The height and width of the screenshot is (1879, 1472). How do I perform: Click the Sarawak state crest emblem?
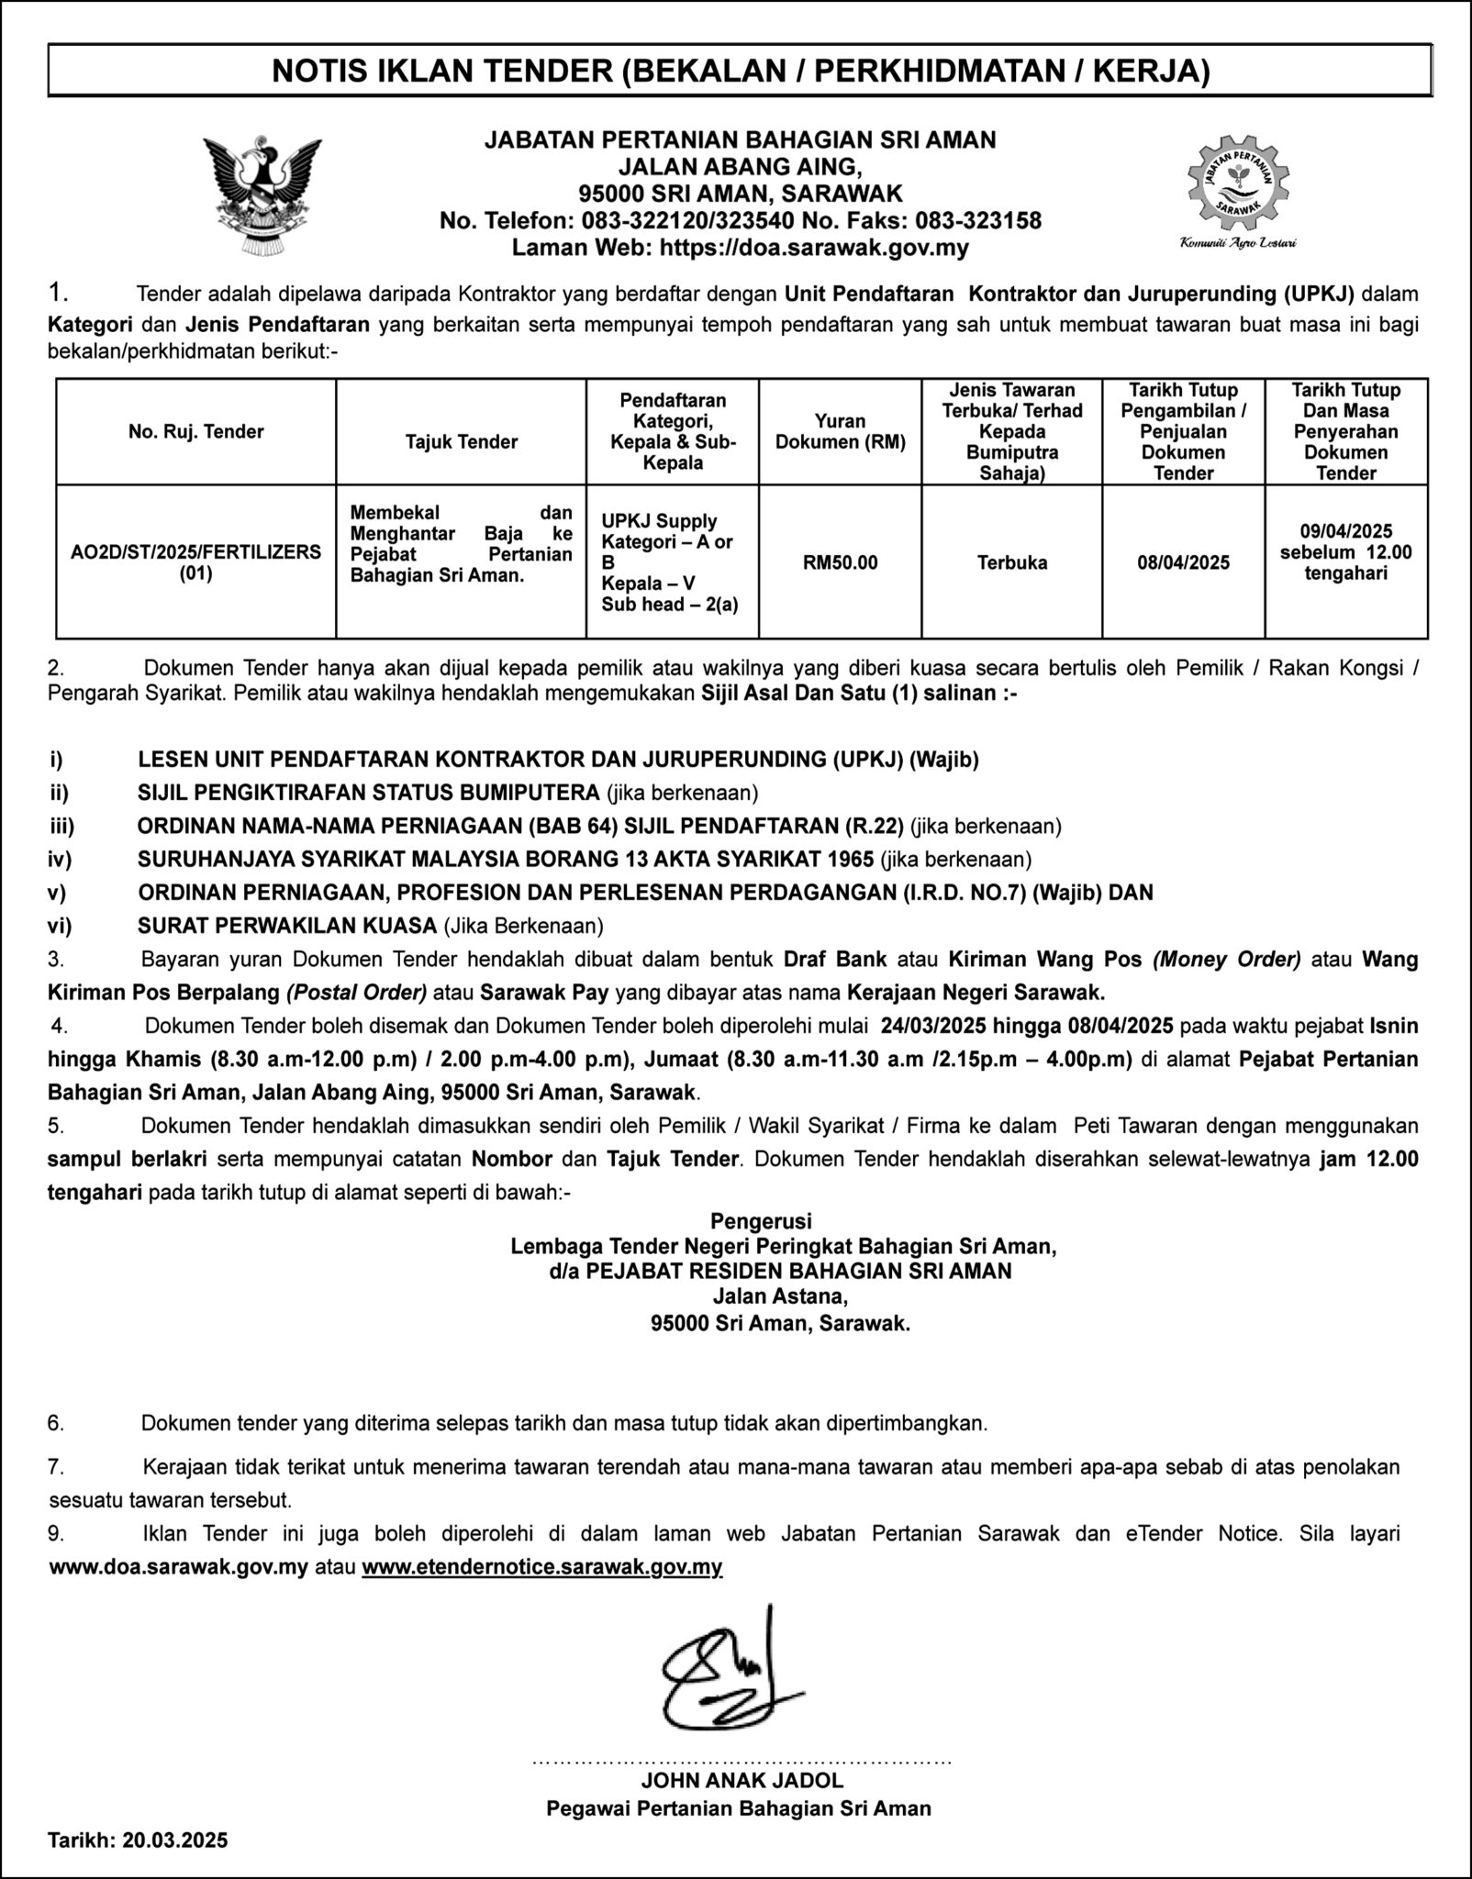pyautogui.click(x=262, y=195)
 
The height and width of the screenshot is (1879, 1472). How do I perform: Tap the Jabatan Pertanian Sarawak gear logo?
pyautogui.click(x=1237, y=183)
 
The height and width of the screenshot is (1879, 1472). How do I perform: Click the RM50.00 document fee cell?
pyautogui.click(x=840, y=562)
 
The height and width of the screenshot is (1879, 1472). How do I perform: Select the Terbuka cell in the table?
pyautogui.click(x=1011, y=562)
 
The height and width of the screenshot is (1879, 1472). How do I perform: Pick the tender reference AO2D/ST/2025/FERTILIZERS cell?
pyautogui.click(x=196, y=561)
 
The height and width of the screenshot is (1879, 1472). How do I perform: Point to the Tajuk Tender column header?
pyautogui.click(x=462, y=441)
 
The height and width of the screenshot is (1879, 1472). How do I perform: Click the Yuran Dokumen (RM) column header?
pyautogui.click(x=840, y=431)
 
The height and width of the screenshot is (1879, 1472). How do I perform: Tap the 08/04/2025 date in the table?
pyautogui.click(x=1183, y=562)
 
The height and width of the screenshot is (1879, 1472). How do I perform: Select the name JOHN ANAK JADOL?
pyautogui.click(x=742, y=1780)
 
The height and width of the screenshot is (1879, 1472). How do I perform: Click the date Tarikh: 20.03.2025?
pyautogui.click(x=138, y=1840)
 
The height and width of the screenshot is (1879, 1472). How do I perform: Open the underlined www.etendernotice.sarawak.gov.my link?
pyautogui.click(x=542, y=1566)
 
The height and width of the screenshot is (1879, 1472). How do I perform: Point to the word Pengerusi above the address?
pyautogui.click(x=761, y=1220)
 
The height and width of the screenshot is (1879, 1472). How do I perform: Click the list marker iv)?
pyautogui.click(x=60, y=859)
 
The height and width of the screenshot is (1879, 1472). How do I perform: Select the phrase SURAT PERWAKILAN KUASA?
pyautogui.click(x=287, y=926)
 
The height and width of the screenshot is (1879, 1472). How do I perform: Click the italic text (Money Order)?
pyautogui.click(x=1227, y=960)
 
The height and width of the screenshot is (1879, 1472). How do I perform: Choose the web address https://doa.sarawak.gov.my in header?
pyautogui.click(x=814, y=247)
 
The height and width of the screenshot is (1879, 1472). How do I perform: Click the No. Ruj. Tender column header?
pyautogui.click(x=196, y=431)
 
